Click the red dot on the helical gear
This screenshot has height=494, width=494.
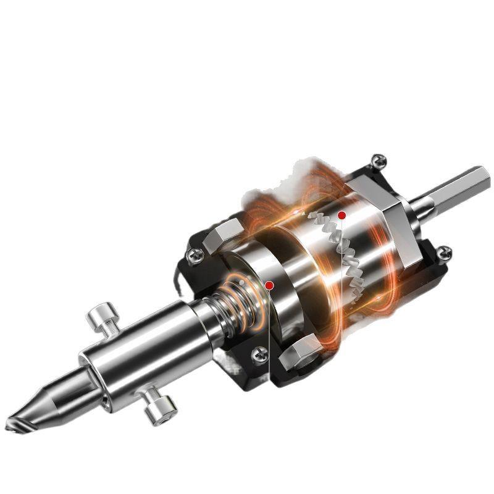(341, 215)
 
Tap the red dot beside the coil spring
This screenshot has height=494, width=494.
(269, 285)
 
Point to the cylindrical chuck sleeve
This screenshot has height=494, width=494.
(142, 355)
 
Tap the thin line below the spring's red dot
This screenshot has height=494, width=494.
(270, 346)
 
